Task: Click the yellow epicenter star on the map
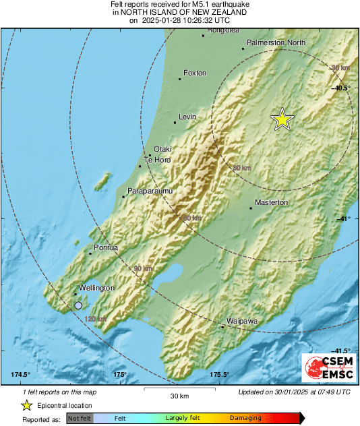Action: coord(282,119)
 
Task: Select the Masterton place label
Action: coord(271,202)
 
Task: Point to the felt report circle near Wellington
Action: coord(78,305)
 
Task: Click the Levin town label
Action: coord(187,117)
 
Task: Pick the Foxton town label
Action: coord(195,73)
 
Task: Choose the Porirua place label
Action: coord(105,248)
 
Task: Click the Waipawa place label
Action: coord(242,322)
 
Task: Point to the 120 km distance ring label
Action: coord(96,319)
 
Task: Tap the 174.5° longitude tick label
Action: coord(21,375)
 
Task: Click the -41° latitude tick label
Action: coord(343,219)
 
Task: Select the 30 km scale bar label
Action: coord(179,395)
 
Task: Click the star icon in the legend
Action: coord(26,405)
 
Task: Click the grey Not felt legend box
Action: coord(80,419)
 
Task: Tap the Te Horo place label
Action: coord(157,160)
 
